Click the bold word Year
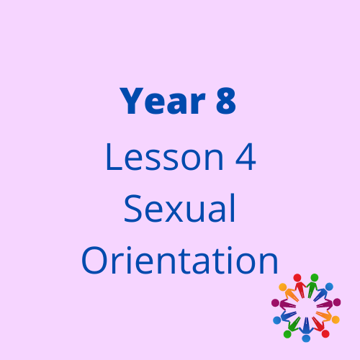(x=163, y=101)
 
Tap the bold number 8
(x=226, y=101)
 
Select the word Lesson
(x=165, y=157)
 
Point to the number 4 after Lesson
(x=246, y=157)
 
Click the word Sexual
(x=179, y=208)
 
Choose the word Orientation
(x=180, y=260)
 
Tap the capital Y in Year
(x=131, y=101)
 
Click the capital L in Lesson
(x=114, y=157)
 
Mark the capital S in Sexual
(x=132, y=208)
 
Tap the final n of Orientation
(x=269, y=263)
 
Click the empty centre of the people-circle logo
(x=306, y=308)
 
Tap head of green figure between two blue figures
(x=287, y=334)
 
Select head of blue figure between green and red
(x=306, y=338)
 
